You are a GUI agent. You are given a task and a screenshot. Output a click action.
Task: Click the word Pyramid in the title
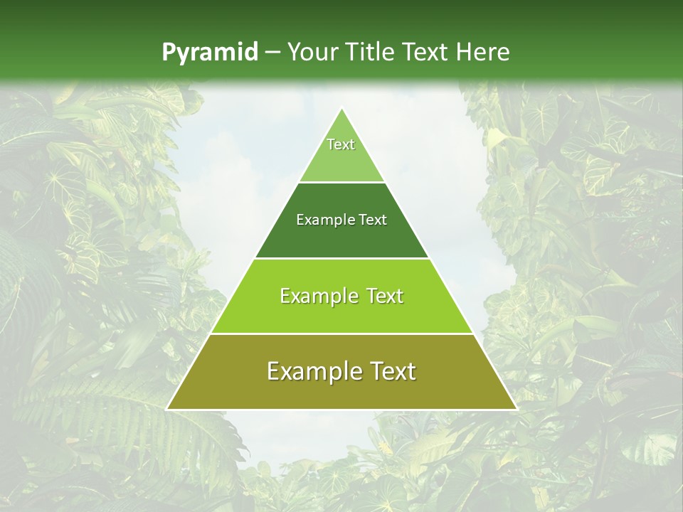pyautogui.click(x=209, y=53)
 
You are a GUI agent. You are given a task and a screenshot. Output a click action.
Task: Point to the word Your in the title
pyautogui.click(x=313, y=53)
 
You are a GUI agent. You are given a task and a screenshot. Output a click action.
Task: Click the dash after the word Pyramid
pyautogui.click(x=272, y=53)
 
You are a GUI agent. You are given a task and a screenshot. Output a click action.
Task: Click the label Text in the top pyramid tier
pyautogui.click(x=341, y=145)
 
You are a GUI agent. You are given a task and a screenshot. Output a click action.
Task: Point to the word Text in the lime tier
pyautogui.click(x=385, y=296)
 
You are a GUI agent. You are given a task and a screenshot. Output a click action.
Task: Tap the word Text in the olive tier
pyautogui.click(x=395, y=371)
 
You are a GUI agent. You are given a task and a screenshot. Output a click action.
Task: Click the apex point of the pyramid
pyautogui.click(x=342, y=109)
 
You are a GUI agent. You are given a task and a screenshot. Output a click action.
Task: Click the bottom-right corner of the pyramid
pyautogui.click(x=516, y=409)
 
